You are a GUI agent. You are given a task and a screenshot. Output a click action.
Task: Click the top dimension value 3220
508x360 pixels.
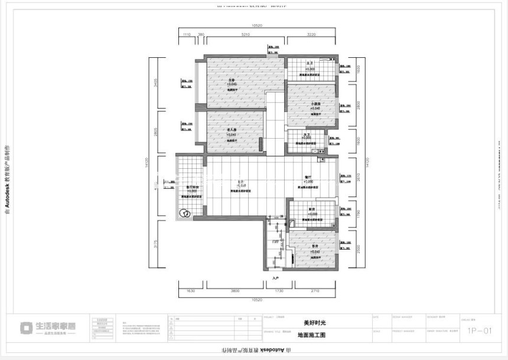tap(311, 35)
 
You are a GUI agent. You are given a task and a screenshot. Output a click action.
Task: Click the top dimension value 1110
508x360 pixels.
tap(187, 35)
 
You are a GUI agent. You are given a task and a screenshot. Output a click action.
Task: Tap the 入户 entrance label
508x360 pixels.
tap(275, 277)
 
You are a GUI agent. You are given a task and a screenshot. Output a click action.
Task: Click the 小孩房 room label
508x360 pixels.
tap(316, 104)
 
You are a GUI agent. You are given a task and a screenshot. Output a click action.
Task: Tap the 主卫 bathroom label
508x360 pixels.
tap(308, 63)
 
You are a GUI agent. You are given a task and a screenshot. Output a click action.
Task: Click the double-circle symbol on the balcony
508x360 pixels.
tap(184, 213)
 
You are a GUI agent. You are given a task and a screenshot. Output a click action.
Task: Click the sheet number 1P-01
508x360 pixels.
tap(479, 331)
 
